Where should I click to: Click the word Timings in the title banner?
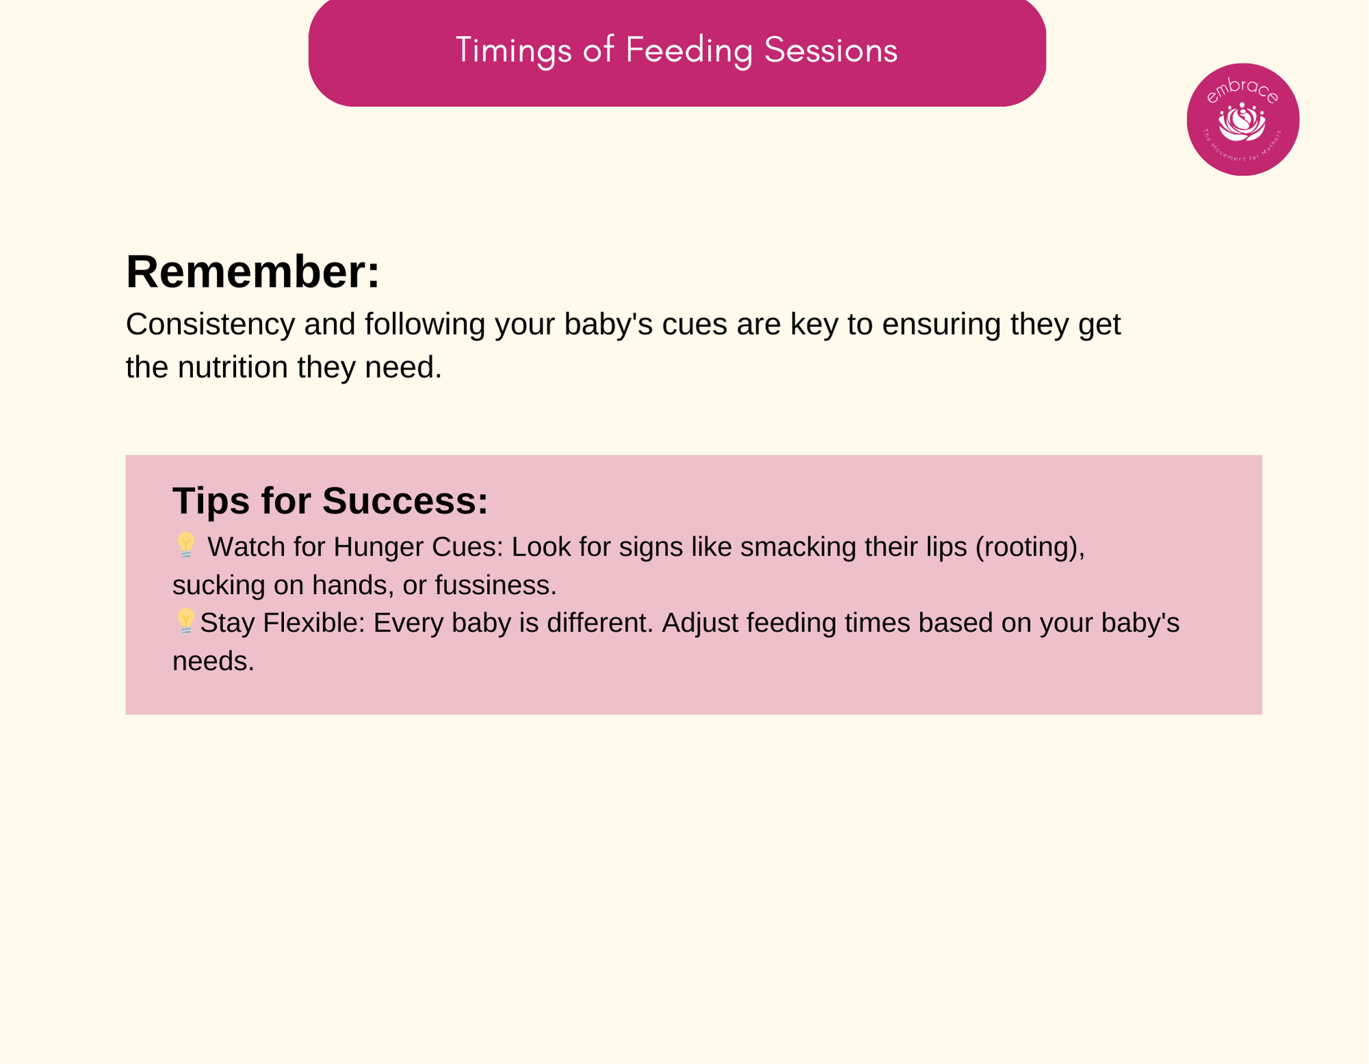pyautogui.click(x=513, y=51)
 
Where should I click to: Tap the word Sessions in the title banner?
pyautogui.click(x=830, y=50)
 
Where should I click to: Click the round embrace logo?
pyautogui.click(x=1243, y=120)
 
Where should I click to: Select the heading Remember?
pyautogui.click(x=253, y=272)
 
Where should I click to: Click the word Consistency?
pyautogui.click(x=210, y=324)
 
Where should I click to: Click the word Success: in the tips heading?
pyautogui.click(x=405, y=500)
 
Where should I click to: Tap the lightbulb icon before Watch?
pyautogui.click(x=185, y=545)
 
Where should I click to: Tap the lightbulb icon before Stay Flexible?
pyautogui.click(x=185, y=621)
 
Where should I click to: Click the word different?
pyautogui.click(x=600, y=623)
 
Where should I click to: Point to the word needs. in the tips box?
pyautogui.click(x=214, y=662)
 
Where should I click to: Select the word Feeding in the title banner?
pyautogui.click(x=689, y=51)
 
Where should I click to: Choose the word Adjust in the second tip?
pyautogui.click(x=700, y=623)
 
